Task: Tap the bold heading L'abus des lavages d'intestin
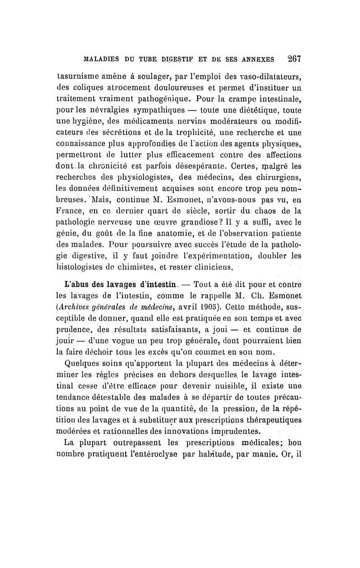123,284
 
